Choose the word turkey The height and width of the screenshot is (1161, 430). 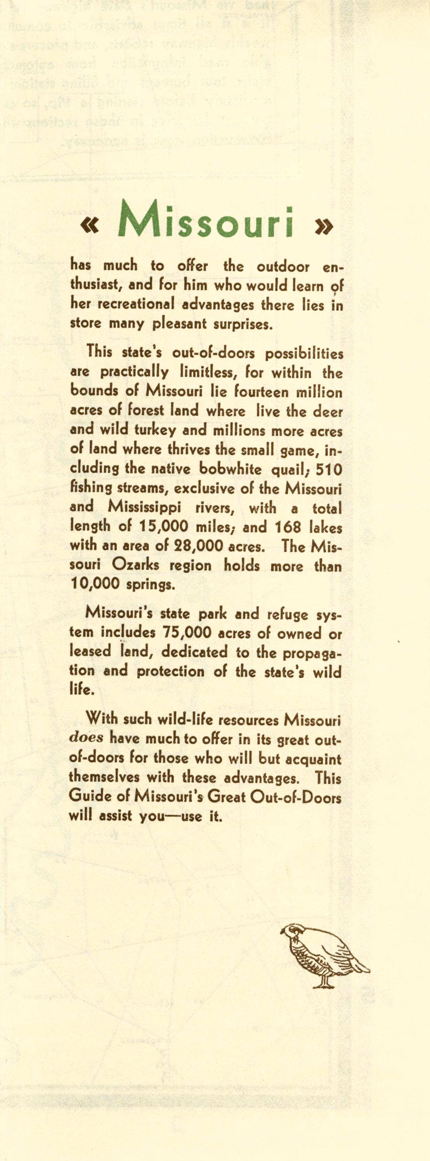point(155,431)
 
